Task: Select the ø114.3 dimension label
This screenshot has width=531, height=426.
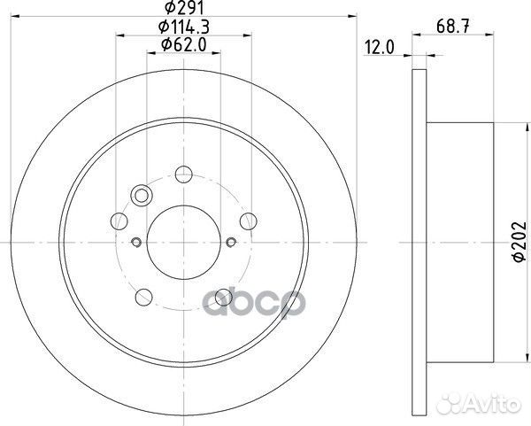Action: pos(184,29)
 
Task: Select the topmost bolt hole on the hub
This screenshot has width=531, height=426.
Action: pos(183,174)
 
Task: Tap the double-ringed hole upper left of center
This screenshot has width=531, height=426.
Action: pos(140,196)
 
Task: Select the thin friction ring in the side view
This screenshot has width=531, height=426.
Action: pos(418,239)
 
